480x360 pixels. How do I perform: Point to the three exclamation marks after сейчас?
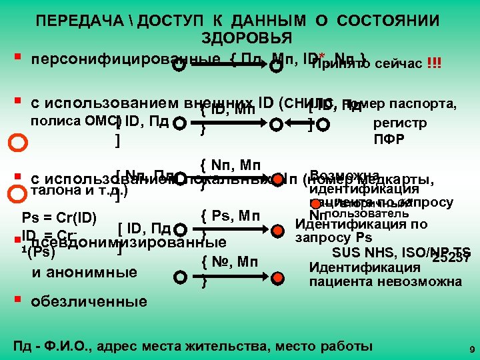tap(434, 64)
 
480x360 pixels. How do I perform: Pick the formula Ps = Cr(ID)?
tap(60, 217)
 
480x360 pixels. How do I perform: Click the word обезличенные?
tap(90, 301)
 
